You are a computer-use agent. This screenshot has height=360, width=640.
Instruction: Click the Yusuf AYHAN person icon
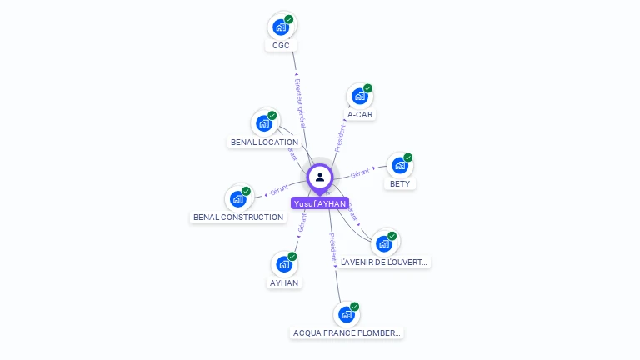(x=320, y=177)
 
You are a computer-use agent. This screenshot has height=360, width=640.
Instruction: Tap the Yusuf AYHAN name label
(x=320, y=203)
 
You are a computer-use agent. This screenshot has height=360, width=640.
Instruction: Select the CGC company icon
(x=281, y=27)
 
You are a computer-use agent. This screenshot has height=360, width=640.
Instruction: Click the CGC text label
(x=281, y=46)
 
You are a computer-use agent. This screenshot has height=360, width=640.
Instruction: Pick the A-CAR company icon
(x=360, y=96)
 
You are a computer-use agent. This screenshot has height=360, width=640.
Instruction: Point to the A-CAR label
(x=360, y=115)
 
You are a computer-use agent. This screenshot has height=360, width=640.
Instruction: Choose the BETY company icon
(x=400, y=165)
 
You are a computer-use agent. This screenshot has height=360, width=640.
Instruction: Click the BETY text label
(x=400, y=184)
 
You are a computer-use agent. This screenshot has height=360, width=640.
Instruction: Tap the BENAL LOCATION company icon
(x=264, y=123)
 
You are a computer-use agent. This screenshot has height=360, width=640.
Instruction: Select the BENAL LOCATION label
(x=264, y=142)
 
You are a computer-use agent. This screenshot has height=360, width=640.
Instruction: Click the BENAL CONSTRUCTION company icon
(x=238, y=198)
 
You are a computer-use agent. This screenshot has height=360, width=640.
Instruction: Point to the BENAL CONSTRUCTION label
(x=238, y=217)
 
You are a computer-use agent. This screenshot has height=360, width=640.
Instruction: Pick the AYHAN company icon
(x=284, y=264)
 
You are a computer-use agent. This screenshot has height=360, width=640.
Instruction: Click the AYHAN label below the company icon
(x=284, y=283)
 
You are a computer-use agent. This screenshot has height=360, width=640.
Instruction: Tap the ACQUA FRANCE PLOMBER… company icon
(x=347, y=314)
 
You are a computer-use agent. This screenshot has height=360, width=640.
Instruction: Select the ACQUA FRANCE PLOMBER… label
(x=347, y=333)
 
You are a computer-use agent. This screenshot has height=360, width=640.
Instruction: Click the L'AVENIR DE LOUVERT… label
(x=384, y=262)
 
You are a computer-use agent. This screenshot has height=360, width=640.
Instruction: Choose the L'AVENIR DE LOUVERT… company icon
(x=384, y=242)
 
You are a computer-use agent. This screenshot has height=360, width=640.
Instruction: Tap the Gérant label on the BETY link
(x=360, y=172)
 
